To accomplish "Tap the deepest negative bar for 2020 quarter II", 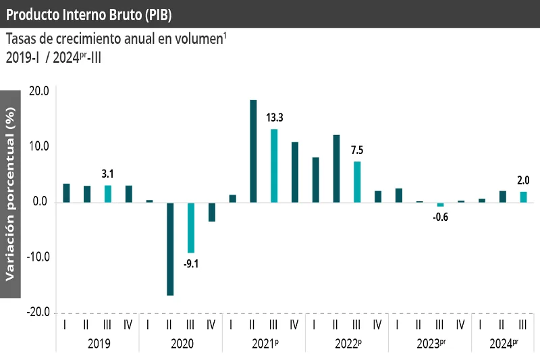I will coord(170,249).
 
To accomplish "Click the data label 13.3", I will coord(274,118).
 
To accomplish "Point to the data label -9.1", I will coord(190,263).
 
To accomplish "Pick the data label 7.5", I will coord(357,150).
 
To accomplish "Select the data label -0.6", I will coord(440,217).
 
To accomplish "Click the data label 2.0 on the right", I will coord(523,180).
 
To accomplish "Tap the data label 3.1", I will coord(107,174).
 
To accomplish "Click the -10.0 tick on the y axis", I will coord(37,257).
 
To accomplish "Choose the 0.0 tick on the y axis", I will coord(40,202).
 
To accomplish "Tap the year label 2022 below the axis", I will coord(347,343).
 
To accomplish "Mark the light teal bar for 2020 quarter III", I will coord(191,228).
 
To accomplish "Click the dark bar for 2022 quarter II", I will coord(336,169).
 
